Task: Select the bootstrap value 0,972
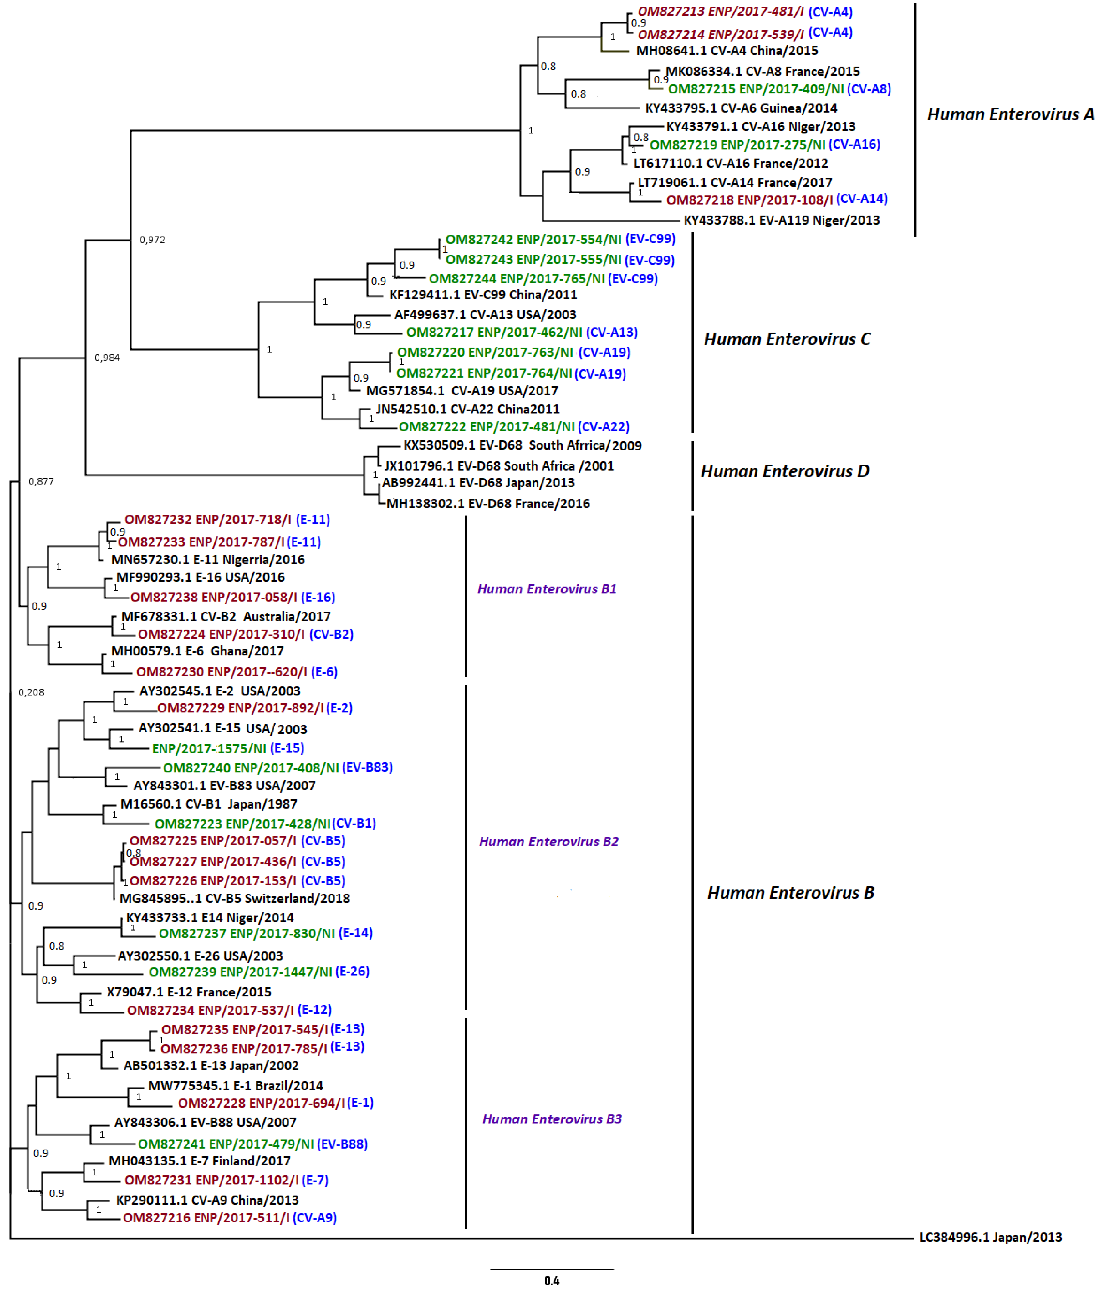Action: (x=153, y=239)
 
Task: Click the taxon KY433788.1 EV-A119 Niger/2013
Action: (x=781, y=220)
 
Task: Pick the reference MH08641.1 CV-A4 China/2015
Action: (x=727, y=50)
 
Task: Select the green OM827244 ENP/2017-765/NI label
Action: (x=516, y=279)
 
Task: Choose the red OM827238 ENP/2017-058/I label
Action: (x=213, y=597)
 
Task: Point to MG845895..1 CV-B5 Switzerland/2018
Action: (x=235, y=898)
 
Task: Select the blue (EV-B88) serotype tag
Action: (x=342, y=1144)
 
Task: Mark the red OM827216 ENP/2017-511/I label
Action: (x=206, y=1217)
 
